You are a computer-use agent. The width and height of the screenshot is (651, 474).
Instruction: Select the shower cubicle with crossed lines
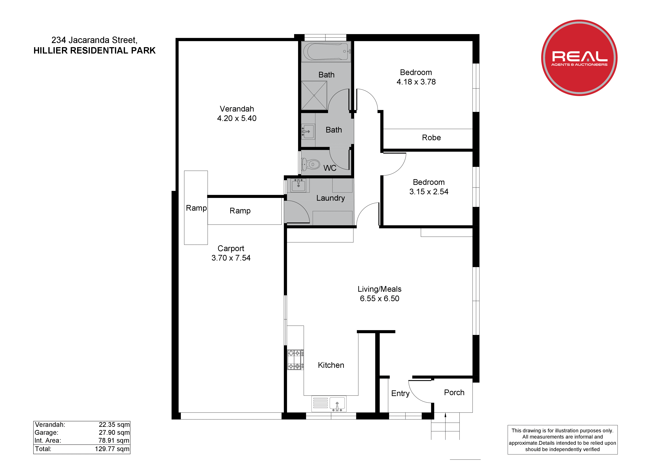tap(314, 95)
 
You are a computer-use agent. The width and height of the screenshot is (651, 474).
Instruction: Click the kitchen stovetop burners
tap(295, 359)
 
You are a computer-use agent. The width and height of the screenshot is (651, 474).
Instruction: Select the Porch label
tap(454, 392)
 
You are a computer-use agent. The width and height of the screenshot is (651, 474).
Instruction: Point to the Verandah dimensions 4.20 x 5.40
tap(237, 118)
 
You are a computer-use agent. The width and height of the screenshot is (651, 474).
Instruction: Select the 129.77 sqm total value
tap(112, 449)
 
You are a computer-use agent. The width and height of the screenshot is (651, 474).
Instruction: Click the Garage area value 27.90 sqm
tap(114, 433)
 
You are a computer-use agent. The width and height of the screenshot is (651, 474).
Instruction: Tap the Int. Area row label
tap(48, 440)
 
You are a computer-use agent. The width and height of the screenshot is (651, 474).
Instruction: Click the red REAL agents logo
tap(579, 58)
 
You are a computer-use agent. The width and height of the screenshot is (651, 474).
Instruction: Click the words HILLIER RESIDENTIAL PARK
tap(94, 51)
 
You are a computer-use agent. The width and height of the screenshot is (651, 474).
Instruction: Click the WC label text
tap(330, 168)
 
